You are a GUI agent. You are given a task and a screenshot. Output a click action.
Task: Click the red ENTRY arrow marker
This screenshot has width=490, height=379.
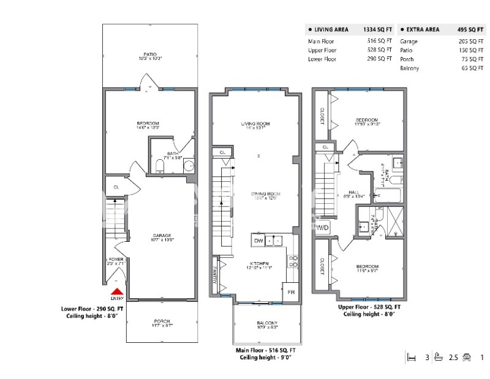click(x=116, y=291)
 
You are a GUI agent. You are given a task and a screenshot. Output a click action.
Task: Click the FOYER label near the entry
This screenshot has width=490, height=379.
click(x=116, y=260)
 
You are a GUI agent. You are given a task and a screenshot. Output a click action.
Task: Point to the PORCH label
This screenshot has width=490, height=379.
click(x=162, y=321)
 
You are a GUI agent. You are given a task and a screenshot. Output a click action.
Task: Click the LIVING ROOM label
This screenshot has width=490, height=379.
click(x=255, y=124)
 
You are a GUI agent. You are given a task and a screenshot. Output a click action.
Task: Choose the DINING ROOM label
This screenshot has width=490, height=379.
click(x=265, y=194)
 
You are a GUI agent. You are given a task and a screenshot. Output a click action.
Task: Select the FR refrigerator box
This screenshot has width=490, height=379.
click(x=291, y=292)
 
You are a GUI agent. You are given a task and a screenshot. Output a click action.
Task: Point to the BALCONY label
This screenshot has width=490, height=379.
click(x=266, y=323)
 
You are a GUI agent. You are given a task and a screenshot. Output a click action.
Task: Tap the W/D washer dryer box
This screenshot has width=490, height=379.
click(x=322, y=227)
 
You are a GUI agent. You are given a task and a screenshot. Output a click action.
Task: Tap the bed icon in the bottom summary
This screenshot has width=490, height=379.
click(x=411, y=357)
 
